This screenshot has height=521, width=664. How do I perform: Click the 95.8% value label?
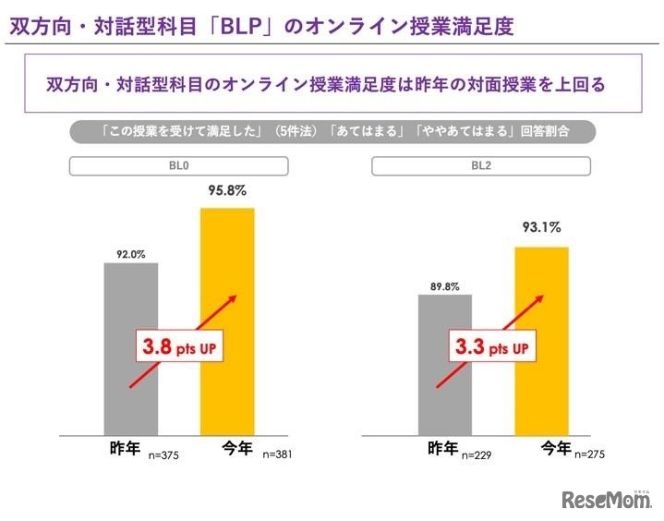227,191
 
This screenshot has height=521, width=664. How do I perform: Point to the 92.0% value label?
131,250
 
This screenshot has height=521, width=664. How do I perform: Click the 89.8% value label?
444,283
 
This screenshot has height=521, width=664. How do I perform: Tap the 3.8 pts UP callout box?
182,348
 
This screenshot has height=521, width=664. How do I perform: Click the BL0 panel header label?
179,166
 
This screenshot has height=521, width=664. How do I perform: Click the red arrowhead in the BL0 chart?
234,299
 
